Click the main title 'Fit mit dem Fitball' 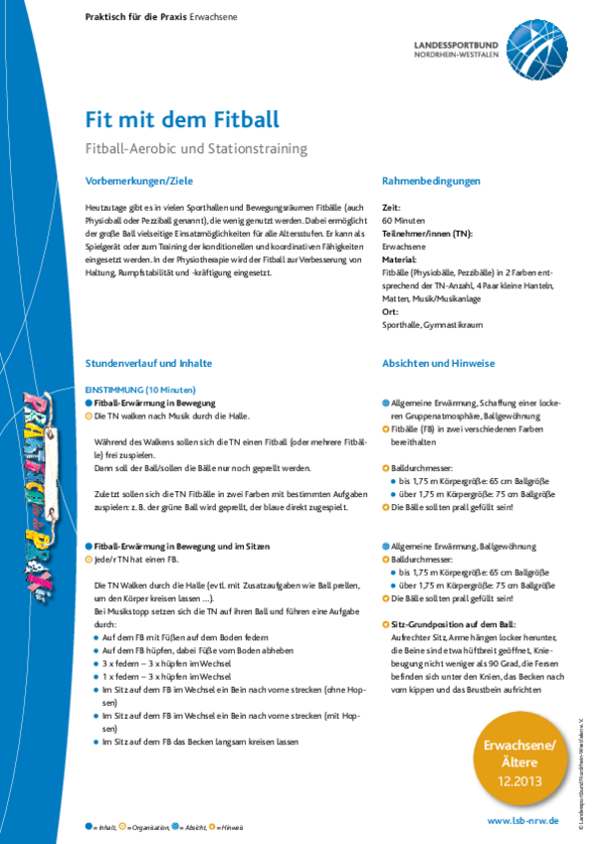tap(183, 119)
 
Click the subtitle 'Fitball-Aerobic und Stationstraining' tap(197, 148)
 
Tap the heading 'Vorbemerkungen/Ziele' tap(139, 181)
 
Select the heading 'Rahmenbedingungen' tap(431, 181)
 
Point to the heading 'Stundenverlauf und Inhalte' tap(149, 364)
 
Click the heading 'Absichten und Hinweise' tap(438, 364)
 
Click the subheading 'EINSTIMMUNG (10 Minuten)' tap(141, 390)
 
